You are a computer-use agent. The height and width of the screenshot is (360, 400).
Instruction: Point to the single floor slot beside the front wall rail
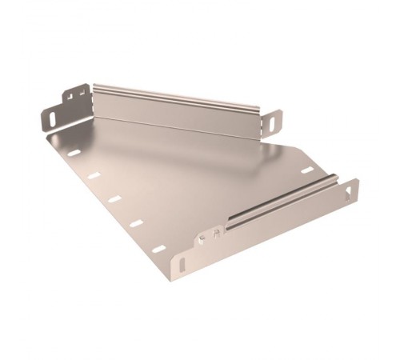304,170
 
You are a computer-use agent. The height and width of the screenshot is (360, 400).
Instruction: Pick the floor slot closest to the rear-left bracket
74,152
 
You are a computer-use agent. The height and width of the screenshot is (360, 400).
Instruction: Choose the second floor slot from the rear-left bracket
94,175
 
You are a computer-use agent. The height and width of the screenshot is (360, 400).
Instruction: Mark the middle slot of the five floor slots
114,198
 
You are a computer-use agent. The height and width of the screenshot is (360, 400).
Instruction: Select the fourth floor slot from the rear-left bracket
136,223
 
